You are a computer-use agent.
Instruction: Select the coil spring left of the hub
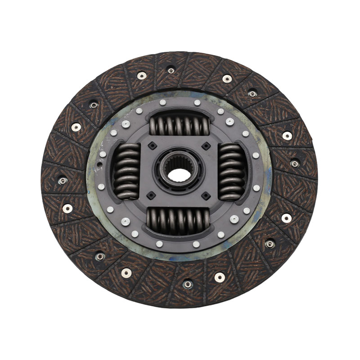click(x=126, y=171)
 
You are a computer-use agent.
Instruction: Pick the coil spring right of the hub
click(x=232, y=171)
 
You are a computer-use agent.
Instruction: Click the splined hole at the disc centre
click(x=180, y=171)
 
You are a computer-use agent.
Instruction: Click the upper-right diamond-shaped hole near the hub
click(x=206, y=146)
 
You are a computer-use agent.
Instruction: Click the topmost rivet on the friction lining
click(x=171, y=70)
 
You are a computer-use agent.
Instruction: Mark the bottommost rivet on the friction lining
click(x=188, y=284)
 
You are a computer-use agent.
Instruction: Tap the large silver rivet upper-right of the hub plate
click(x=230, y=121)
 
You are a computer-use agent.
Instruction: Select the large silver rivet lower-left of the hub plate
click(x=126, y=221)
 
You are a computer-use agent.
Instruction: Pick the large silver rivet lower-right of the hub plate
click(x=234, y=219)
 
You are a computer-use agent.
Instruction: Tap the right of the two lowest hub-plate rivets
click(x=196, y=244)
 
